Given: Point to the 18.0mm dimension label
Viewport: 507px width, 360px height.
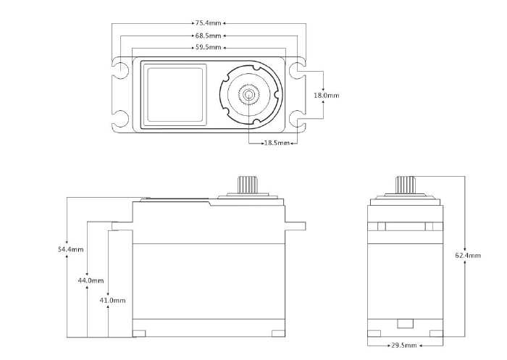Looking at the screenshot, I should [326, 95].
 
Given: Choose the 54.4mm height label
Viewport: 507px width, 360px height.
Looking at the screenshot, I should [70, 249].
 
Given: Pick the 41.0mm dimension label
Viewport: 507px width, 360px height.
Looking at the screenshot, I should [112, 300].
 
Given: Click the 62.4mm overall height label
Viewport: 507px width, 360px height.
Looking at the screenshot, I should [468, 255].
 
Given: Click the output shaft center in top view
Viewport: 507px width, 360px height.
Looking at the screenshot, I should [249, 94].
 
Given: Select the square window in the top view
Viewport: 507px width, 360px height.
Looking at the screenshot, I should [175, 93].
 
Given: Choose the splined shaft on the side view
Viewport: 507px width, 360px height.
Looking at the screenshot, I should [405, 184].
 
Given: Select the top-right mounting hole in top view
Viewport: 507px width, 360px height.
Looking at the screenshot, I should [296, 70].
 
